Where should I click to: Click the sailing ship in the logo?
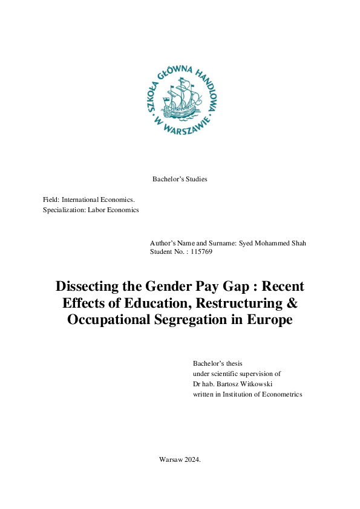coord(180,99)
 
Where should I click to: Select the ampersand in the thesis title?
coord(292,303)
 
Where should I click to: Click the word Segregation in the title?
coord(197,320)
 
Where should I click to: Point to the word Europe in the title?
coord(269,320)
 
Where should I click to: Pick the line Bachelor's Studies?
coord(180,179)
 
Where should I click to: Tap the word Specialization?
coord(64,210)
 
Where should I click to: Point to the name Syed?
coord(246,243)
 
